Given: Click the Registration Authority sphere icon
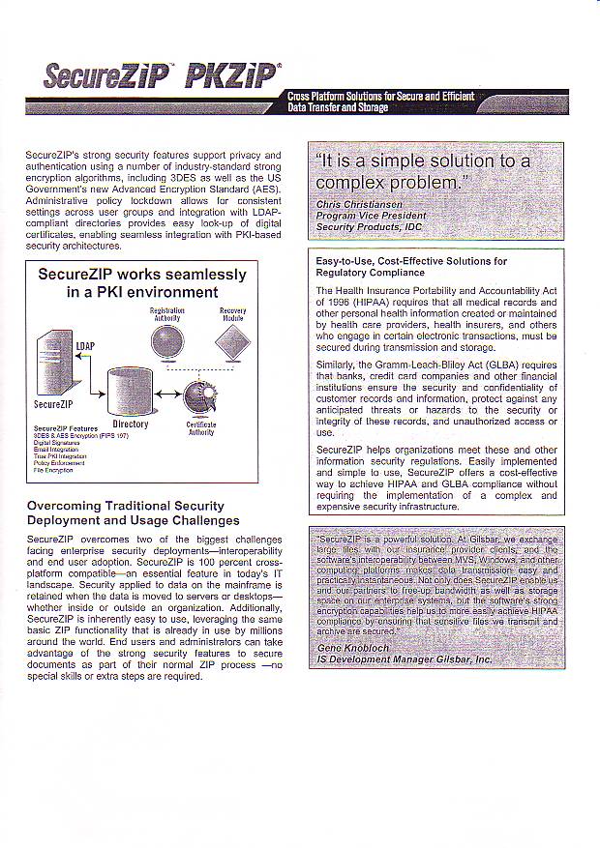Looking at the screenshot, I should [x=167, y=340].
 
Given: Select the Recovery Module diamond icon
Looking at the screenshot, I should [x=232, y=341].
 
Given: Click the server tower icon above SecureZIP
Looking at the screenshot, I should [x=55, y=362].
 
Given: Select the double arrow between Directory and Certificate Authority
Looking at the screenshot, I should [x=165, y=392].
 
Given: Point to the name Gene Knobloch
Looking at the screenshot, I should [x=353, y=648].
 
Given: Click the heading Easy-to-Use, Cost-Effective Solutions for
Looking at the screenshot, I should [x=411, y=261].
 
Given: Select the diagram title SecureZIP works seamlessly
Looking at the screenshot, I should [x=141, y=275].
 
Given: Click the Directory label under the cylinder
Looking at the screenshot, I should [x=131, y=424].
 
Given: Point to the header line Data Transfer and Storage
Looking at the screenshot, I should [x=339, y=107].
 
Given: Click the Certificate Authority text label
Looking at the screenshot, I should [x=200, y=428].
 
